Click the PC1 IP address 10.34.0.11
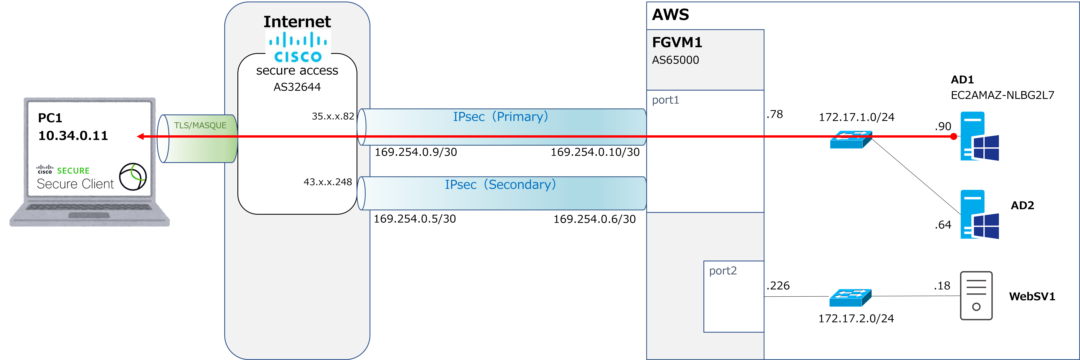click(x=73, y=135)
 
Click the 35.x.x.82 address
click(x=333, y=116)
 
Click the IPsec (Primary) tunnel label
click(x=501, y=116)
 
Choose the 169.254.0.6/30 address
click(x=594, y=219)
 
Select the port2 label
click(x=723, y=271)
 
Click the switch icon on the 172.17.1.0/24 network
click(x=851, y=140)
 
